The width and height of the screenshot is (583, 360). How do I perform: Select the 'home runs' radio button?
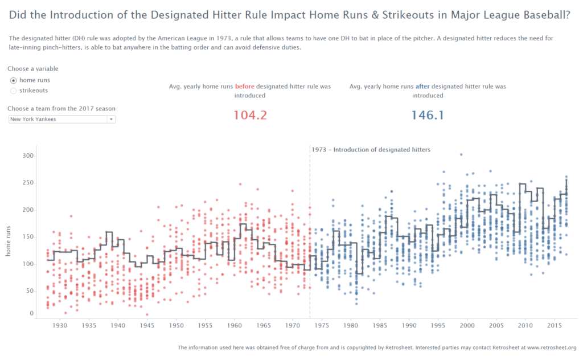(x=14, y=80)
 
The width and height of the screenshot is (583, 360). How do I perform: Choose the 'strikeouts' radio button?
(x=14, y=91)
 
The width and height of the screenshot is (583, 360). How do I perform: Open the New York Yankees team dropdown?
(x=62, y=119)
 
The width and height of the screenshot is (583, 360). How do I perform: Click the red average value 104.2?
(x=250, y=115)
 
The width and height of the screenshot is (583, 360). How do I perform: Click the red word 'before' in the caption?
(x=245, y=87)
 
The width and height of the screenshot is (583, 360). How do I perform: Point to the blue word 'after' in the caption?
(x=422, y=87)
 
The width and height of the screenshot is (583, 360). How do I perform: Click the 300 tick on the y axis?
(x=28, y=156)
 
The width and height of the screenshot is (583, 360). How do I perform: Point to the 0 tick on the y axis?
(x=32, y=313)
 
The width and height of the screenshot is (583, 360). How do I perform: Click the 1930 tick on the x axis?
(x=59, y=326)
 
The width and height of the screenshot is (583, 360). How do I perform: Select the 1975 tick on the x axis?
(x=322, y=326)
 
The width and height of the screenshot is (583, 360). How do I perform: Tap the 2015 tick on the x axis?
(x=555, y=326)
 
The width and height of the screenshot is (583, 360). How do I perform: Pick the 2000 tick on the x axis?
(x=467, y=326)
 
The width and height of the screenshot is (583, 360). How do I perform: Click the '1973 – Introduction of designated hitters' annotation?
(x=371, y=150)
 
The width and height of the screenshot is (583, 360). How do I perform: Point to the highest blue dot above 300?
(x=461, y=154)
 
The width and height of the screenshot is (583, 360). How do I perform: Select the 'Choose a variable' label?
(x=33, y=69)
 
